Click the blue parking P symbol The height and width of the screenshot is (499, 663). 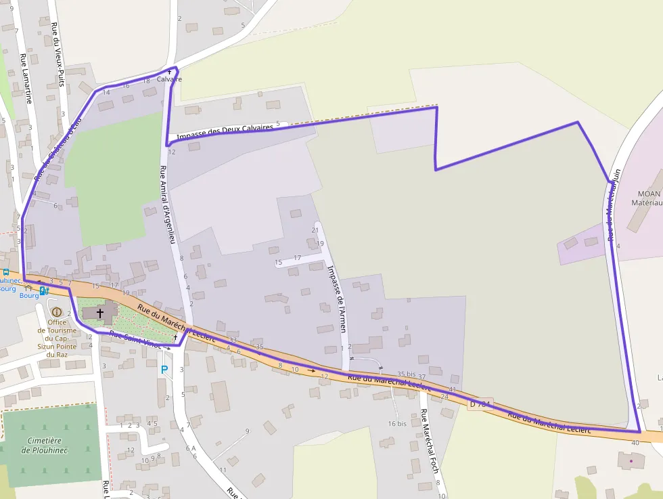pyautogui.click(x=164, y=370)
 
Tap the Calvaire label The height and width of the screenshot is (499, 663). pyautogui.click(x=169, y=79)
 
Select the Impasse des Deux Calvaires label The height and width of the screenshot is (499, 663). pyautogui.click(x=225, y=131)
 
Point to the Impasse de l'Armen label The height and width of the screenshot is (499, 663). pyautogui.click(x=337, y=298)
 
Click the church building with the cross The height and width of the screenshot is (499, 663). pyautogui.click(x=99, y=313)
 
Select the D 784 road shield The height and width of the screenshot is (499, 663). pyautogui.click(x=480, y=404)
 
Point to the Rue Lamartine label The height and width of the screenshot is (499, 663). pyautogui.click(x=26, y=78)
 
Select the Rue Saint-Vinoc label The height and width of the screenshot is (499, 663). pyautogui.click(x=135, y=338)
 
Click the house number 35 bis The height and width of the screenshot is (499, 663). pyautogui.click(x=406, y=374)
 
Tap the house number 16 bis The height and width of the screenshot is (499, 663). pyautogui.click(x=397, y=423)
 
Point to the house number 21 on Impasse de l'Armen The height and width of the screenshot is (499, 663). pyautogui.click(x=315, y=230)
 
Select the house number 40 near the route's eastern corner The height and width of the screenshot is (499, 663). pyautogui.click(x=635, y=442)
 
